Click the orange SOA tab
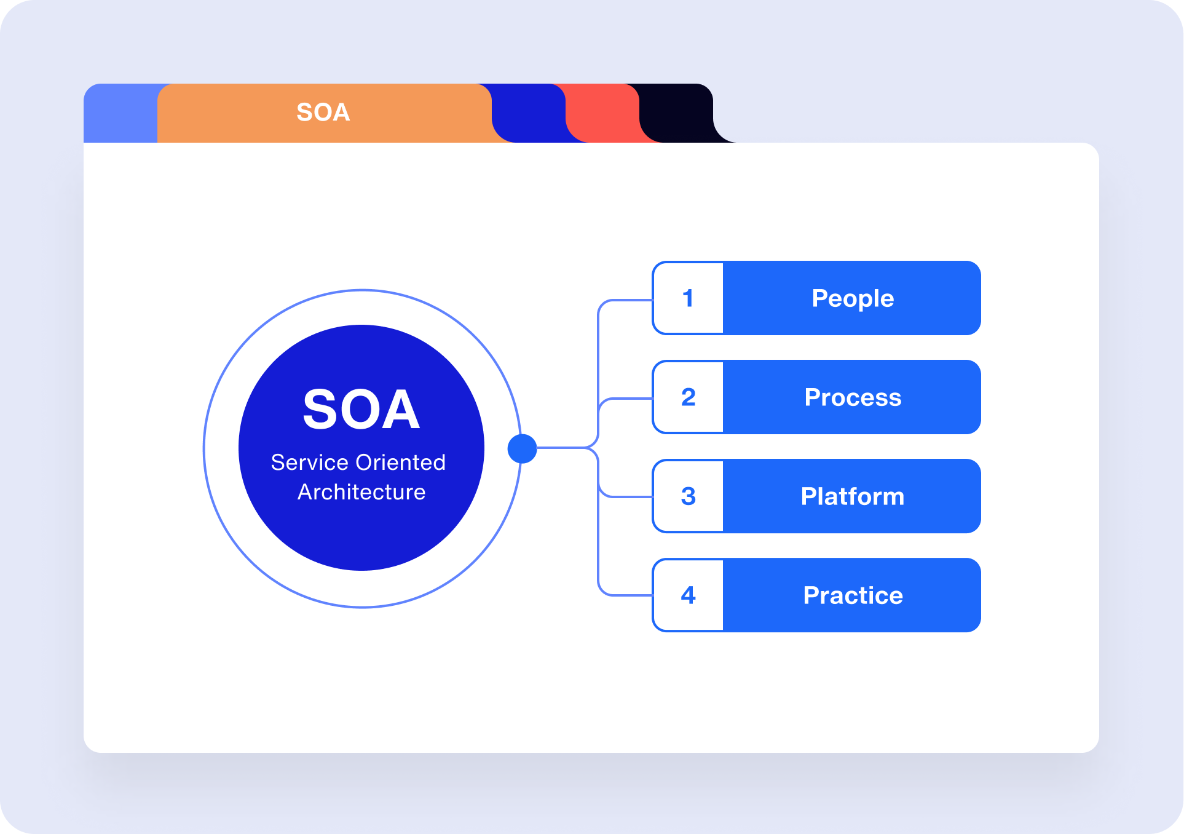click(324, 113)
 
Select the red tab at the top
click(606, 113)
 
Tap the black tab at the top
click(679, 113)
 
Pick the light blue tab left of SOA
click(120, 113)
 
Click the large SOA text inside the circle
click(361, 409)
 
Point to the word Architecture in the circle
click(361, 492)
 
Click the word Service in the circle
click(310, 463)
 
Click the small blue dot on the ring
click(523, 448)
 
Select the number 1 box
click(688, 298)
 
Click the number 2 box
click(688, 397)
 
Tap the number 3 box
click(688, 496)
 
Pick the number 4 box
click(688, 595)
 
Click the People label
click(853, 299)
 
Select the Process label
click(853, 397)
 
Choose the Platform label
click(853, 496)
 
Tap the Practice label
click(853, 595)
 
